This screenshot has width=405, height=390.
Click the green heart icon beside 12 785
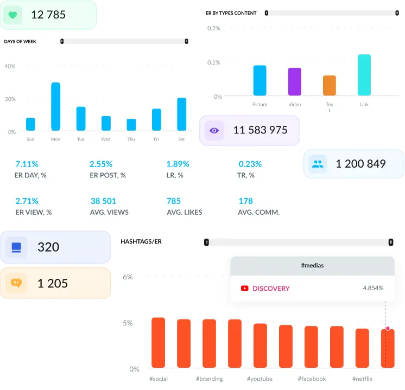12,15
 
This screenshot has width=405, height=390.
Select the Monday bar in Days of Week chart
55,106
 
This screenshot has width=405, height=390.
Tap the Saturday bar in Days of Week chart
181,114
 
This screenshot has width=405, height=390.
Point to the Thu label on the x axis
131,139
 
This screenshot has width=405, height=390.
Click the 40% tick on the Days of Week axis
10,66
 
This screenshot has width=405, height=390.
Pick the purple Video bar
294,82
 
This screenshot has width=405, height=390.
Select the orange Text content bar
329,86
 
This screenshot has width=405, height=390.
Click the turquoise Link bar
364,75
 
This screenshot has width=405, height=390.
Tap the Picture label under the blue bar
260,105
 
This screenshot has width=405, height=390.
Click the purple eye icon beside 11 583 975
214,130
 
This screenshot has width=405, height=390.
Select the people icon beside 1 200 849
318,164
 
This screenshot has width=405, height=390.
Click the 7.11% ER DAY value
27,164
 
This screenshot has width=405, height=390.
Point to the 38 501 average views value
103,201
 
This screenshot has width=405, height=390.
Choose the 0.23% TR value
250,164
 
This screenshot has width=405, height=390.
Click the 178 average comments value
245,201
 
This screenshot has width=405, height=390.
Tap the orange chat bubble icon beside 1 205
16,283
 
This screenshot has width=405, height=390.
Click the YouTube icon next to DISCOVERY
244,289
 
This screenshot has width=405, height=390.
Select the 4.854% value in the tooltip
373,289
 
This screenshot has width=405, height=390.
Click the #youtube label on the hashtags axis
260,379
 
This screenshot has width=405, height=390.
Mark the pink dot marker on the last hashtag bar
388,328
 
